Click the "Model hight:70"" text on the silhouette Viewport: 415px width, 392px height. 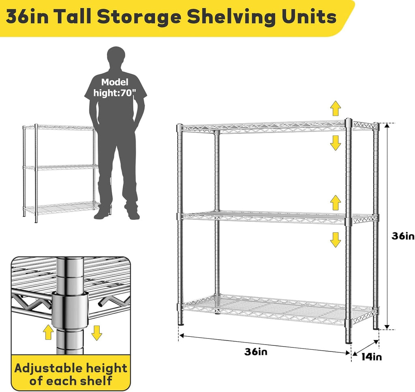click(x=115, y=87)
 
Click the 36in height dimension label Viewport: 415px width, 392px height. click(x=403, y=236)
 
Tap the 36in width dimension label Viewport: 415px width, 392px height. click(x=256, y=351)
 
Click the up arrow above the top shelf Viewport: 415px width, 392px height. click(x=335, y=109)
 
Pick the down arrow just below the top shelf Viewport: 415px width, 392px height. click(x=335, y=143)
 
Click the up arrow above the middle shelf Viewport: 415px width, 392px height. click(x=335, y=201)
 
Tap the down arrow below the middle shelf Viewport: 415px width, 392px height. click(x=335, y=240)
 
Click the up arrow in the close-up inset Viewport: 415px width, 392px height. click(x=48, y=332)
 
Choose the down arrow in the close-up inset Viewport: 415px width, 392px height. click(x=96, y=332)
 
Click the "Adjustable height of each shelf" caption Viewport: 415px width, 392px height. click(x=71, y=374)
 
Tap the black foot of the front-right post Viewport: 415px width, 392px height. click(x=348, y=342)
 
